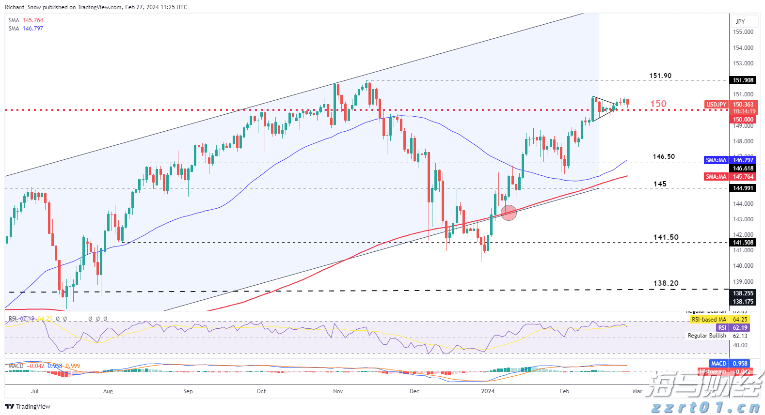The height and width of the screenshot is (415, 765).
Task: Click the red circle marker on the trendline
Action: click(x=509, y=213)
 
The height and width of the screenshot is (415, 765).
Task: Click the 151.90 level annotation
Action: click(x=660, y=76)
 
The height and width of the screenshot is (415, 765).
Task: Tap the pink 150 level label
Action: click(x=658, y=104)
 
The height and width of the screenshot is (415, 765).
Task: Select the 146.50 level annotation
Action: click(x=663, y=156)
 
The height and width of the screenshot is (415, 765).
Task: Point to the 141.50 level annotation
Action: click(x=666, y=237)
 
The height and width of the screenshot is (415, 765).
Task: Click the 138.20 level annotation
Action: click(x=666, y=283)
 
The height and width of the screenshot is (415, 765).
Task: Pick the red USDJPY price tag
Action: click(x=716, y=105)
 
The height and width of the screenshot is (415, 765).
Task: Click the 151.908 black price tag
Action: click(x=743, y=80)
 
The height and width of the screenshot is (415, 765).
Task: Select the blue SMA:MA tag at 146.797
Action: click(x=716, y=160)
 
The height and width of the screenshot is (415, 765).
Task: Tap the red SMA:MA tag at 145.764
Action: click(x=716, y=177)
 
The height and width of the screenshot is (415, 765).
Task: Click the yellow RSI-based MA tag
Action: click(x=709, y=320)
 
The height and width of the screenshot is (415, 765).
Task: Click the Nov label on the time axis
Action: click(x=338, y=391)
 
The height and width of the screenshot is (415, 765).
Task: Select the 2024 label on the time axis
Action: click(x=488, y=391)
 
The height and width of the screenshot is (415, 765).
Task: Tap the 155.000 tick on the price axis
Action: click(x=743, y=32)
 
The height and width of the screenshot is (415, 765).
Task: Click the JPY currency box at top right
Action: click(x=740, y=21)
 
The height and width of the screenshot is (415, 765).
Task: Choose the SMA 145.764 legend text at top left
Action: click(x=26, y=20)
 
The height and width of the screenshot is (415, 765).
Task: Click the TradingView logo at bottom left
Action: click(x=28, y=406)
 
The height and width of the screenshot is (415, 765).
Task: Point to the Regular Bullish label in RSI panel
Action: click(x=707, y=336)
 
